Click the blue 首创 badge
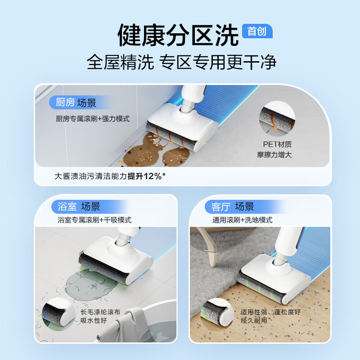tap(257, 31)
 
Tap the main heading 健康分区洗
tap(178, 35)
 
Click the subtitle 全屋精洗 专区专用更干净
tap(181, 63)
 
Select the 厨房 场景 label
tap(73, 103)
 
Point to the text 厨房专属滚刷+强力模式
tap(92, 119)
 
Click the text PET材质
tap(278, 144)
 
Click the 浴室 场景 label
tap(79, 207)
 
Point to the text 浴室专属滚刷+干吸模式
tap(94, 220)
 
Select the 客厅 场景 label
tap(233, 207)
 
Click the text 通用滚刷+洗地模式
tap(243, 220)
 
